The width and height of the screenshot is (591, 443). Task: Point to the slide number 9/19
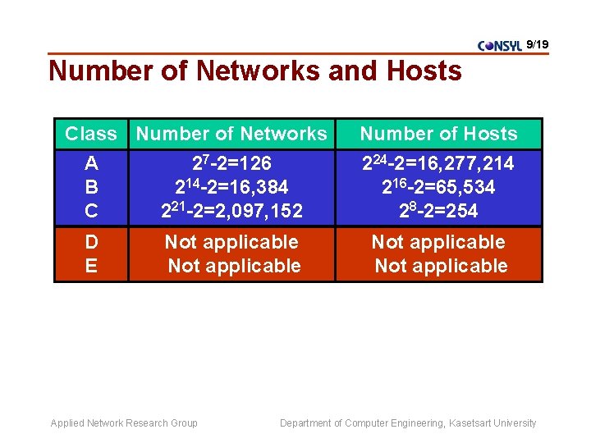point(537,43)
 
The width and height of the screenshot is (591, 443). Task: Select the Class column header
point(90,134)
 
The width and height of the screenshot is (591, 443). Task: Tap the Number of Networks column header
point(231,134)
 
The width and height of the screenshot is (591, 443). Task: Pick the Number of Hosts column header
point(438,134)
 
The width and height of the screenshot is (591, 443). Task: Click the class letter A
point(91,163)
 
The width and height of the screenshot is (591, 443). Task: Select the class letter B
point(91,187)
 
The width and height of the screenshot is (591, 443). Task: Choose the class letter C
point(91,211)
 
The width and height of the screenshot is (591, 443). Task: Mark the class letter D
point(91,242)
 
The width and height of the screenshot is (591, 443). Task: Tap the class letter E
point(91,266)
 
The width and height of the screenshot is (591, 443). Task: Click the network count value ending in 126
point(231,163)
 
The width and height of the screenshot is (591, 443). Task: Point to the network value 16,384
point(231,187)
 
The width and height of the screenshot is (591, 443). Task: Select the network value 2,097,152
point(231,211)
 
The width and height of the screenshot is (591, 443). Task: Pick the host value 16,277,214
point(438,163)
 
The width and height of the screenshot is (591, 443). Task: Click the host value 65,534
point(438,187)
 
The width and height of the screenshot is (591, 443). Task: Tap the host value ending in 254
point(438,211)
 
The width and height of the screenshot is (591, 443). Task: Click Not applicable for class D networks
point(231,242)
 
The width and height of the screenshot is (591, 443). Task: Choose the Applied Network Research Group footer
point(124,423)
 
